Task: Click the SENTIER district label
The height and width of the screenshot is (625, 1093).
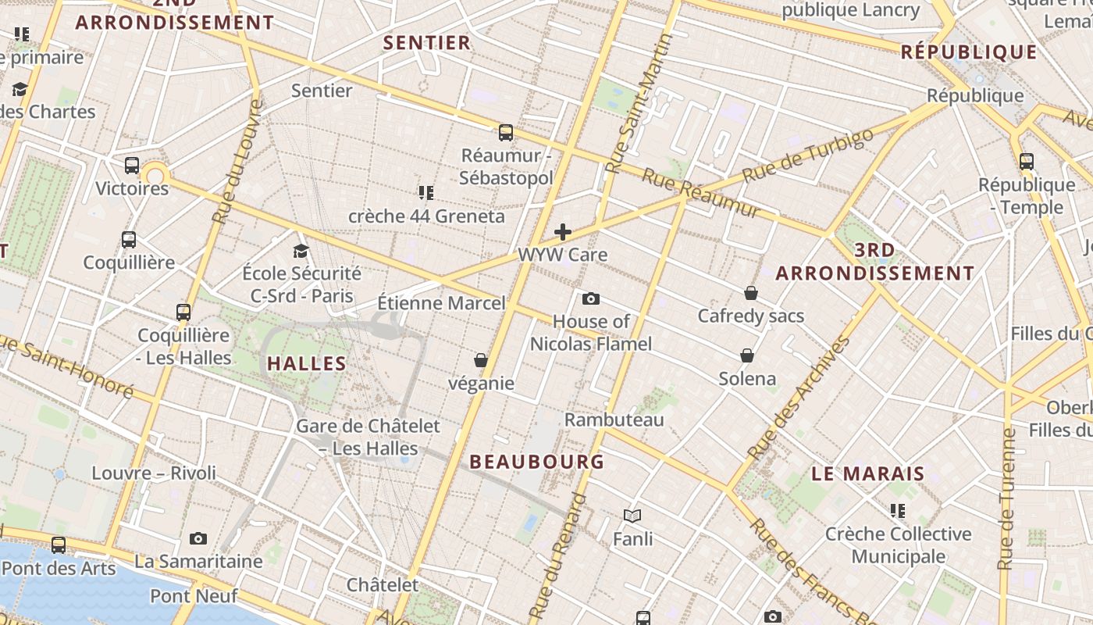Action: point(427,43)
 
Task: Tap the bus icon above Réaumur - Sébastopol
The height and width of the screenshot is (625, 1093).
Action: point(506,133)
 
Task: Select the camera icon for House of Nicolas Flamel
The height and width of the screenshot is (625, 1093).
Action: point(591,298)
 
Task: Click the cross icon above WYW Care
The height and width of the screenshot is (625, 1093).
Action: point(562,232)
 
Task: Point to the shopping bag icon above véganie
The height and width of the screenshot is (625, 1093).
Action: point(481,360)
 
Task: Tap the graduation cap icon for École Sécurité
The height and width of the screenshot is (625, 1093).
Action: point(301,251)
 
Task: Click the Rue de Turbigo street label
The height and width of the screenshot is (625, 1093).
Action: point(807,155)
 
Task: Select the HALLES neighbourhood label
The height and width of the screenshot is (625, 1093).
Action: point(307,363)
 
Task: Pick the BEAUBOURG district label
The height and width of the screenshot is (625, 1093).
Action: point(537,462)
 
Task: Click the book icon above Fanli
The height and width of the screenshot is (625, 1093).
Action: point(632,516)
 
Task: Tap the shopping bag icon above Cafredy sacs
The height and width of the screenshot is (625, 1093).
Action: point(750,293)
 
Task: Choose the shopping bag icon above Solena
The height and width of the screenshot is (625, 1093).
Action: point(747,356)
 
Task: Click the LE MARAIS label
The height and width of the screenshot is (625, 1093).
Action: point(868,473)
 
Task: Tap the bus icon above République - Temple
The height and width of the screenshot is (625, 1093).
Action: point(1027,162)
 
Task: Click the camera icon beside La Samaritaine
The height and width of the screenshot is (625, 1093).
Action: point(198,538)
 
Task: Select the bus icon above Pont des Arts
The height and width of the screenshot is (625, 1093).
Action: point(59,545)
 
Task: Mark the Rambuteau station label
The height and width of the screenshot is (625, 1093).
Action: point(614,420)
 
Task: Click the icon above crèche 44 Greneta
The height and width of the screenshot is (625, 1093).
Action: point(425,192)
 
